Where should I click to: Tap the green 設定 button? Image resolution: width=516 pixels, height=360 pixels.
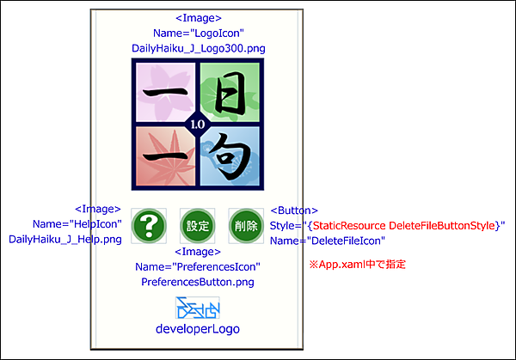tap(198, 225)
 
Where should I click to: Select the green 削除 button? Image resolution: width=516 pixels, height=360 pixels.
tap(245, 225)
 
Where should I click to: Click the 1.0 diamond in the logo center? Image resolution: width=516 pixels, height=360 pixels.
tap(198, 125)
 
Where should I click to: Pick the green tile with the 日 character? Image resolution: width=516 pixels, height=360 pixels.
tap(231, 90)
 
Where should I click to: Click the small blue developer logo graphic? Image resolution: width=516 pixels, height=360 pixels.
tap(198, 308)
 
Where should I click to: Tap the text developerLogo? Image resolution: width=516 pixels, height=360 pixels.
tap(198, 328)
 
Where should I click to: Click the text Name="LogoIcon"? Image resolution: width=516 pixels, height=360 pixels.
tap(199, 33)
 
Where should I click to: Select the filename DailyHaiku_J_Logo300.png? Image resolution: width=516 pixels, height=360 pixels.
tap(199, 48)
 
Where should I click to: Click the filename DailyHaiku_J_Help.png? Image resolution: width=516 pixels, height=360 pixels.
tap(65, 239)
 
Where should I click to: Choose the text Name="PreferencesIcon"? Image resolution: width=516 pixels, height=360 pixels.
tap(198, 266)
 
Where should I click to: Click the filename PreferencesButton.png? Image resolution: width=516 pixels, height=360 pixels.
tap(198, 281)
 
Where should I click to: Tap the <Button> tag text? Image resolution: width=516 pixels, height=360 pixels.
tap(295, 210)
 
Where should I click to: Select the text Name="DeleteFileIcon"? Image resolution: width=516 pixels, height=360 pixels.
tap(328, 241)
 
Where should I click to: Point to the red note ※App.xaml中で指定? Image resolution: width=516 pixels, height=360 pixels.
tap(357, 265)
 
